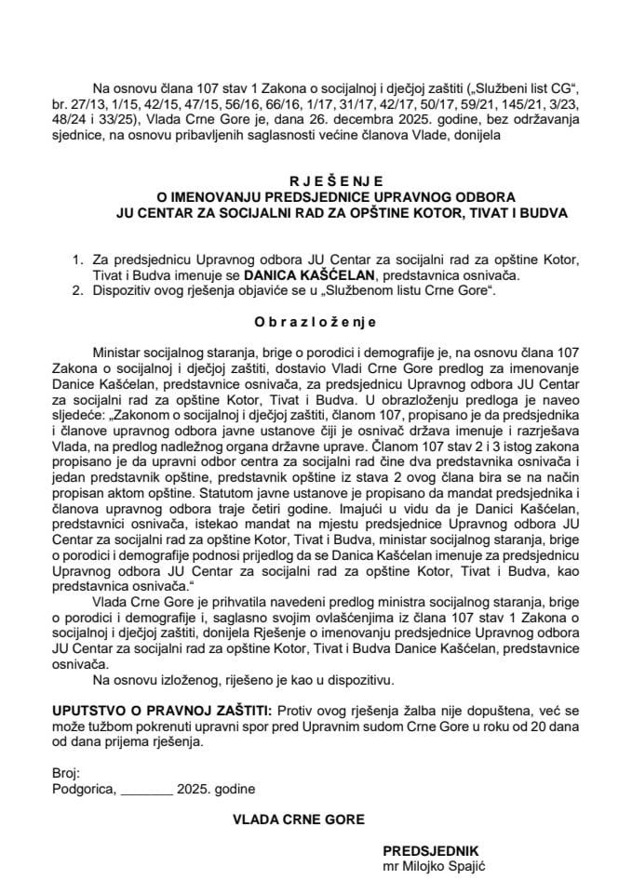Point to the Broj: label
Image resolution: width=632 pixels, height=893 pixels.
(66, 774)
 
